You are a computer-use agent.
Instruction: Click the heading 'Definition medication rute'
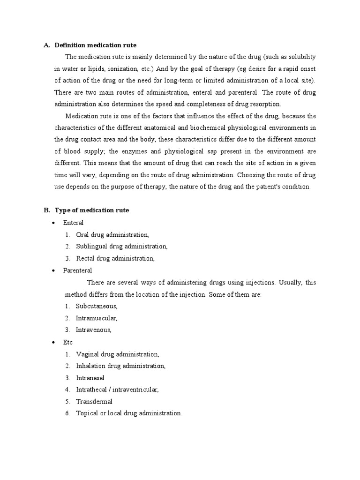pyautogui.click(x=96, y=45)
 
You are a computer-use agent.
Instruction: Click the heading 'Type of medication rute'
pyautogui.click(x=92, y=210)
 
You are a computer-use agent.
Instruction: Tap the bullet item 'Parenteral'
pyautogui.click(x=78, y=270)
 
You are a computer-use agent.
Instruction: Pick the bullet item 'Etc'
pyautogui.click(x=68, y=342)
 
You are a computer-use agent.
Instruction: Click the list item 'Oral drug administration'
pyautogui.click(x=112, y=234)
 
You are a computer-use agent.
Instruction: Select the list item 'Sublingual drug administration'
pyautogui.click(x=121, y=247)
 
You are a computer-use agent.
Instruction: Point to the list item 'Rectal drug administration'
pyautogui.click(x=115, y=258)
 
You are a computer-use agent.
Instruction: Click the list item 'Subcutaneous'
pyautogui.click(x=97, y=306)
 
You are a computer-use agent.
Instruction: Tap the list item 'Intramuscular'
pyautogui.click(x=97, y=318)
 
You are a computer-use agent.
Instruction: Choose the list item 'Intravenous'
pyautogui.click(x=94, y=330)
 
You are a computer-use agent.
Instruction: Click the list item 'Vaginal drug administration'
pyautogui.click(x=118, y=354)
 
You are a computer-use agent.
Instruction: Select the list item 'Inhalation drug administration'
pyautogui.click(x=121, y=366)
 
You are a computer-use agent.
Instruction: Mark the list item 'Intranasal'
pyautogui.click(x=90, y=378)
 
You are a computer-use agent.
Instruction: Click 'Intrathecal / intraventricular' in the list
pyautogui.click(x=118, y=390)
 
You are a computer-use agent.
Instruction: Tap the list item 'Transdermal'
pyautogui.click(x=94, y=402)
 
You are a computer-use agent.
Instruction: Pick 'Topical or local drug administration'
pyautogui.click(x=129, y=413)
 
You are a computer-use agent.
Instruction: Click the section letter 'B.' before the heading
pyautogui.click(x=47, y=210)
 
